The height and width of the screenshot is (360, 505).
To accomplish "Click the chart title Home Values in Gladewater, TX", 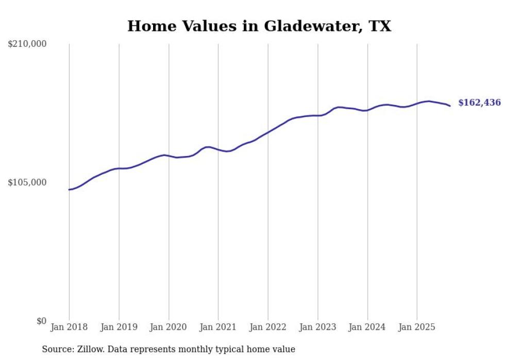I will point(259,26).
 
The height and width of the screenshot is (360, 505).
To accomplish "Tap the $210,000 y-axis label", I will point(27,44).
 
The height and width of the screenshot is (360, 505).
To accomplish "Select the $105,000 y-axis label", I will point(27,182).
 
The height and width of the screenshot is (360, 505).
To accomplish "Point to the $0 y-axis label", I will point(41,321).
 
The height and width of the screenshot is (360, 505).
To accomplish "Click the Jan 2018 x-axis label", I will point(69,327).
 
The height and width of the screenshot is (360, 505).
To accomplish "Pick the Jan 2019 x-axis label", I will point(119,327).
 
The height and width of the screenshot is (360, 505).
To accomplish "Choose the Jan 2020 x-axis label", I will point(169,327).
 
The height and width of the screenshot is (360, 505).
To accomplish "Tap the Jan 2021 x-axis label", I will point(218,327).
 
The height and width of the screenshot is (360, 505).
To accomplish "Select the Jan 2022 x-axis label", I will point(268,327).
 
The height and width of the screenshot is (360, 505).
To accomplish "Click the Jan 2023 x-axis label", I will point(318,327).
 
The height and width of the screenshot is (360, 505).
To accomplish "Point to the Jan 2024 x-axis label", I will point(367,327).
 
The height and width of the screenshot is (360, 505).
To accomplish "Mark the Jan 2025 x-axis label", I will point(417,327).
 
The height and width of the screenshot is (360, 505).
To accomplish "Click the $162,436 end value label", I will point(479,103).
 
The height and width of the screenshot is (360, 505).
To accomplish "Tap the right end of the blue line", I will point(450,106).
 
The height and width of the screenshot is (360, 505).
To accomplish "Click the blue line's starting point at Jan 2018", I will point(69,190).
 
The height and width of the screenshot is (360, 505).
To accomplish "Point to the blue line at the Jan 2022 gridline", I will point(268,132).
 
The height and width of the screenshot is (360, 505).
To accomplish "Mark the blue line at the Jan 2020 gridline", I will point(169,156).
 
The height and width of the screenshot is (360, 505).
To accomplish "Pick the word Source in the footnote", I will point(56,350).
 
